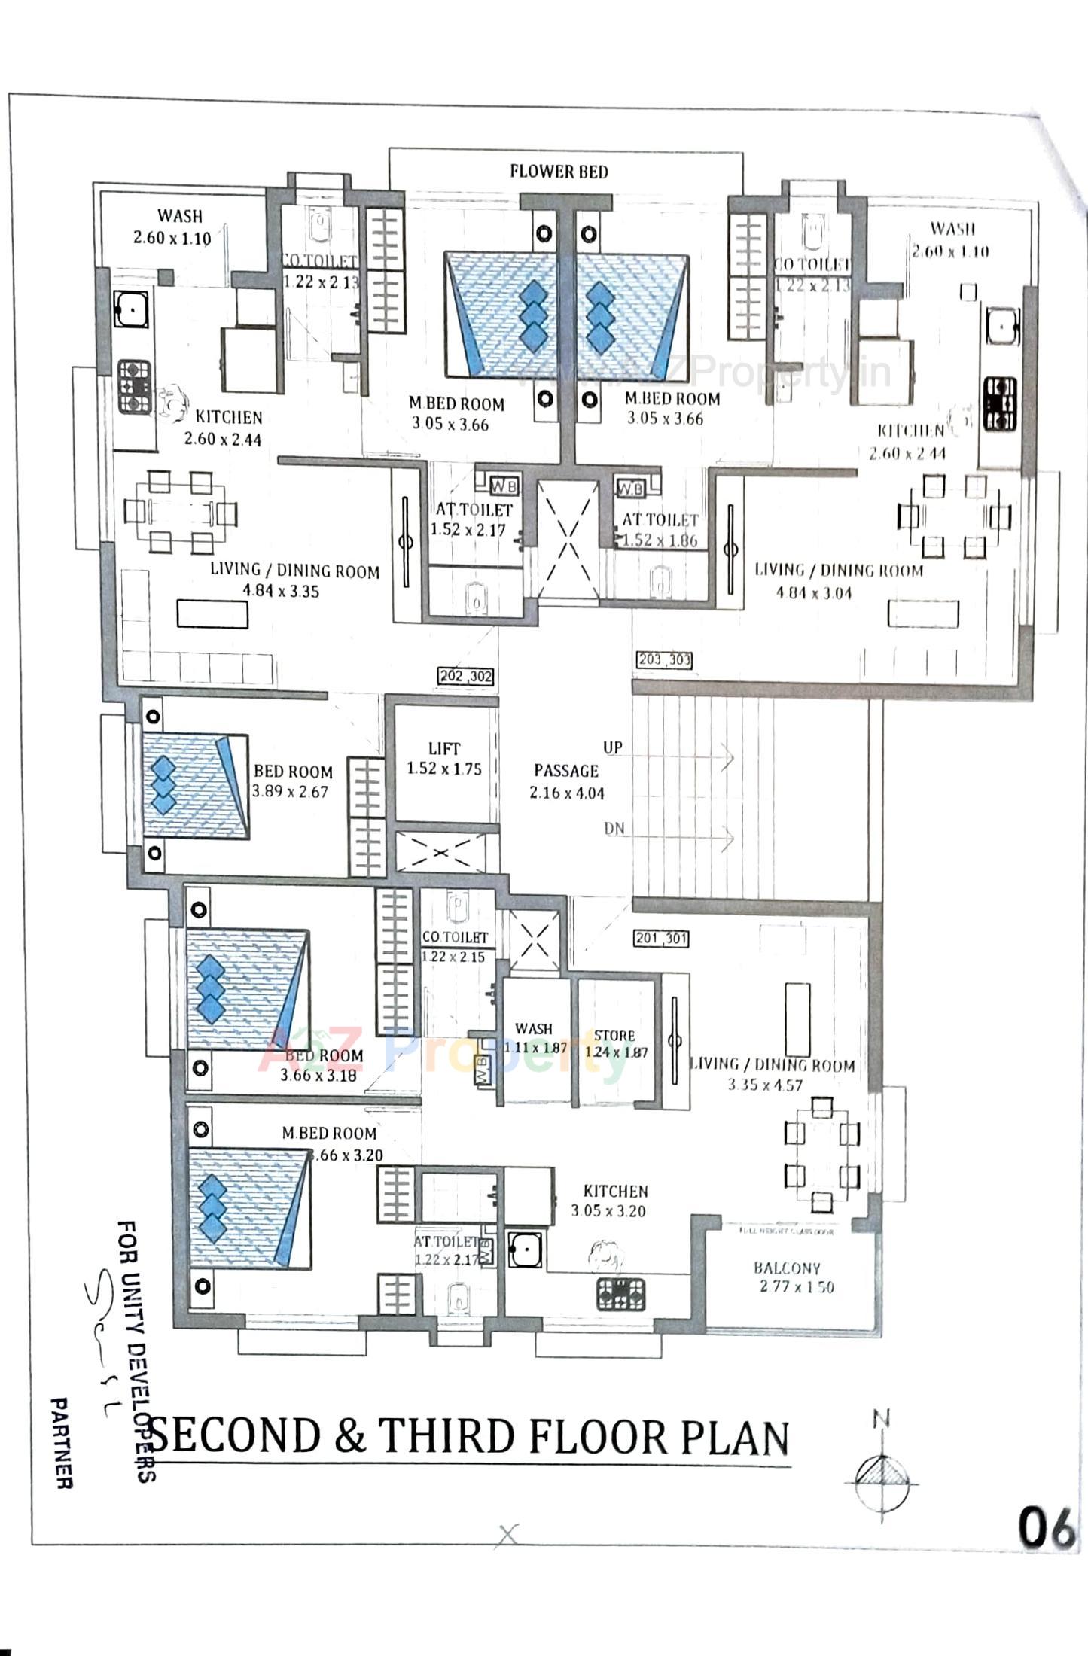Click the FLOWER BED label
pos(559,172)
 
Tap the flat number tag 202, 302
pos(466,676)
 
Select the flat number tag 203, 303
pos(664,660)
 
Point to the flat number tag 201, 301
pos(661,938)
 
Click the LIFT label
pos(444,748)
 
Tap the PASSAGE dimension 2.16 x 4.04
pos(566,793)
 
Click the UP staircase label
pos(612,747)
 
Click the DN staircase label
pos(614,828)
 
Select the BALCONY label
pos(788,1268)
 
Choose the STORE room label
pos(614,1036)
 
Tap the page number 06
pos(1046,1528)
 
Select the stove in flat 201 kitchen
pos(621,1294)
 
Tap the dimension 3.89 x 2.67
pos(290,792)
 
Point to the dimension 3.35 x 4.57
pos(765,1085)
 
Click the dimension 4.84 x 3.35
pos(280,591)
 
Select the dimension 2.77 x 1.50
pos(797,1286)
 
